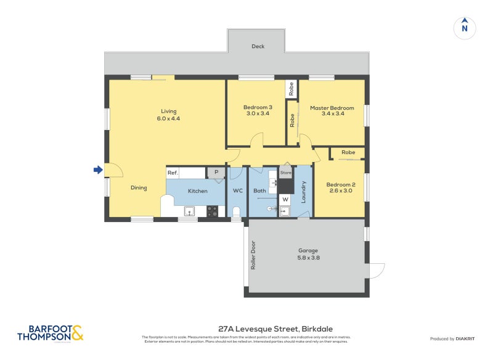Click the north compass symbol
tap(465, 27)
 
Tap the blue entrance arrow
tap(97, 170)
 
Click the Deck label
tap(258, 47)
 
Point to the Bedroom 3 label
tap(258, 110)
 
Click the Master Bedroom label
tap(332, 111)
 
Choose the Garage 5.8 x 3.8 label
tap(308, 253)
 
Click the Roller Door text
tap(253, 255)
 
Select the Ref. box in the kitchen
tap(173, 173)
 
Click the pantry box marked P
tap(216, 173)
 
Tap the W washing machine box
tap(285, 199)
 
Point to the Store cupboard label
tap(285, 173)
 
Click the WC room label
tap(237, 191)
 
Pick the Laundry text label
tap(304, 192)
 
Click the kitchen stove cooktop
tap(211, 210)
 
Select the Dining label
tap(139, 187)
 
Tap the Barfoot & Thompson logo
tap(49, 333)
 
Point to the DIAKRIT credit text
tap(455, 338)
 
